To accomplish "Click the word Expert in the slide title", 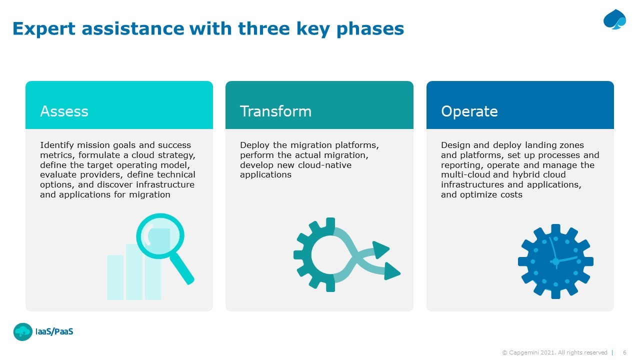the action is (x=44, y=29).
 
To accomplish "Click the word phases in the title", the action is (x=370, y=29).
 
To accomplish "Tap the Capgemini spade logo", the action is (x=614, y=19).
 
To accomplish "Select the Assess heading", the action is (x=64, y=111).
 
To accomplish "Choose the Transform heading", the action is (x=275, y=111).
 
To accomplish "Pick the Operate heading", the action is (x=469, y=111).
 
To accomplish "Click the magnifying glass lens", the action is (x=160, y=236).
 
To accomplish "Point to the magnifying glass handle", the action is (x=182, y=268).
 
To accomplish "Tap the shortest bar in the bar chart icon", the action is (x=115, y=277).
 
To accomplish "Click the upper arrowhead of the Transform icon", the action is (x=380, y=249).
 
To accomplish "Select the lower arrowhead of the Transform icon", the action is (x=391, y=271).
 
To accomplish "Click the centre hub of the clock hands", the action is (x=555, y=261).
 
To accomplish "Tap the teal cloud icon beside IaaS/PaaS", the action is (x=23, y=331).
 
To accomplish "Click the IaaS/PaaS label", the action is (x=54, y=331).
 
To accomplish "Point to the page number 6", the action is (x=624, y=352).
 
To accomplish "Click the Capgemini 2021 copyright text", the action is (x=554, y=352).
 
